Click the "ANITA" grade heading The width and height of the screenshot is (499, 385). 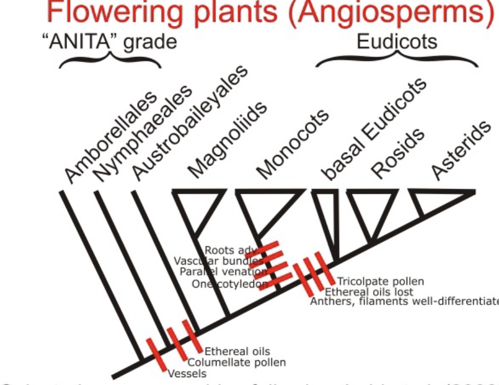pyautogui.click(x=110, y=42)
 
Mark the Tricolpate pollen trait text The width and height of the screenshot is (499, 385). pyautogui.click(x=380, y=281)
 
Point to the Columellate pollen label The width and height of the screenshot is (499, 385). pyautogui.click(x=236, y=363)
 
